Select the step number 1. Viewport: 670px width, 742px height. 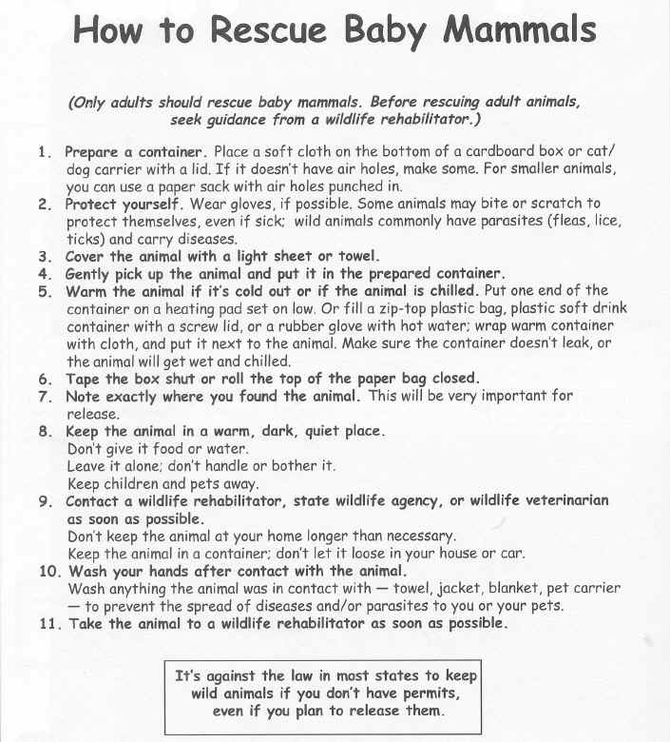click(x=45, y=152)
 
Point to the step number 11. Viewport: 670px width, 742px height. click(x=48, y=624)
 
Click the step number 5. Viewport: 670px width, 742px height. click(x=45, y=291)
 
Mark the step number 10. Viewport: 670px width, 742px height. click(x=48, y=572)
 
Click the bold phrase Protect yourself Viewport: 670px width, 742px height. click(x=123, y=204)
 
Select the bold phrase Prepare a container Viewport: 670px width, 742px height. click(x=134, y=152)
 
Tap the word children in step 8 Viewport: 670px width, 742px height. click(x=137, y=483)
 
